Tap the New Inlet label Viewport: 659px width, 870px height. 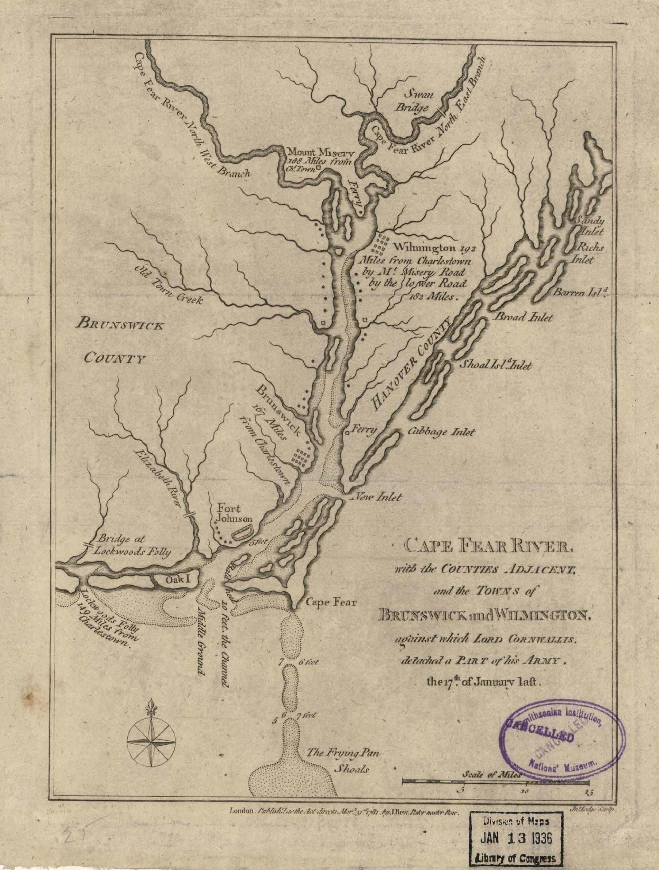(378, 498)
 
